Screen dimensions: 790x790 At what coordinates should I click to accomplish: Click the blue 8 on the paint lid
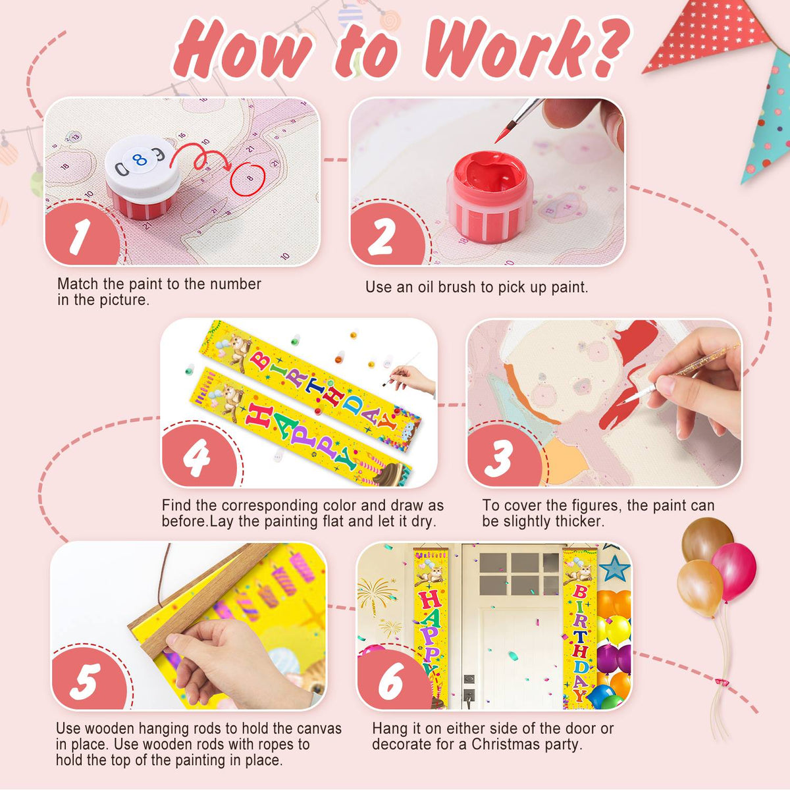pyautogui.click(x=140, y=159)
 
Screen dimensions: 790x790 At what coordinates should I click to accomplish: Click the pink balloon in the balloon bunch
pyautogui.click(x=735, y=571)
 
